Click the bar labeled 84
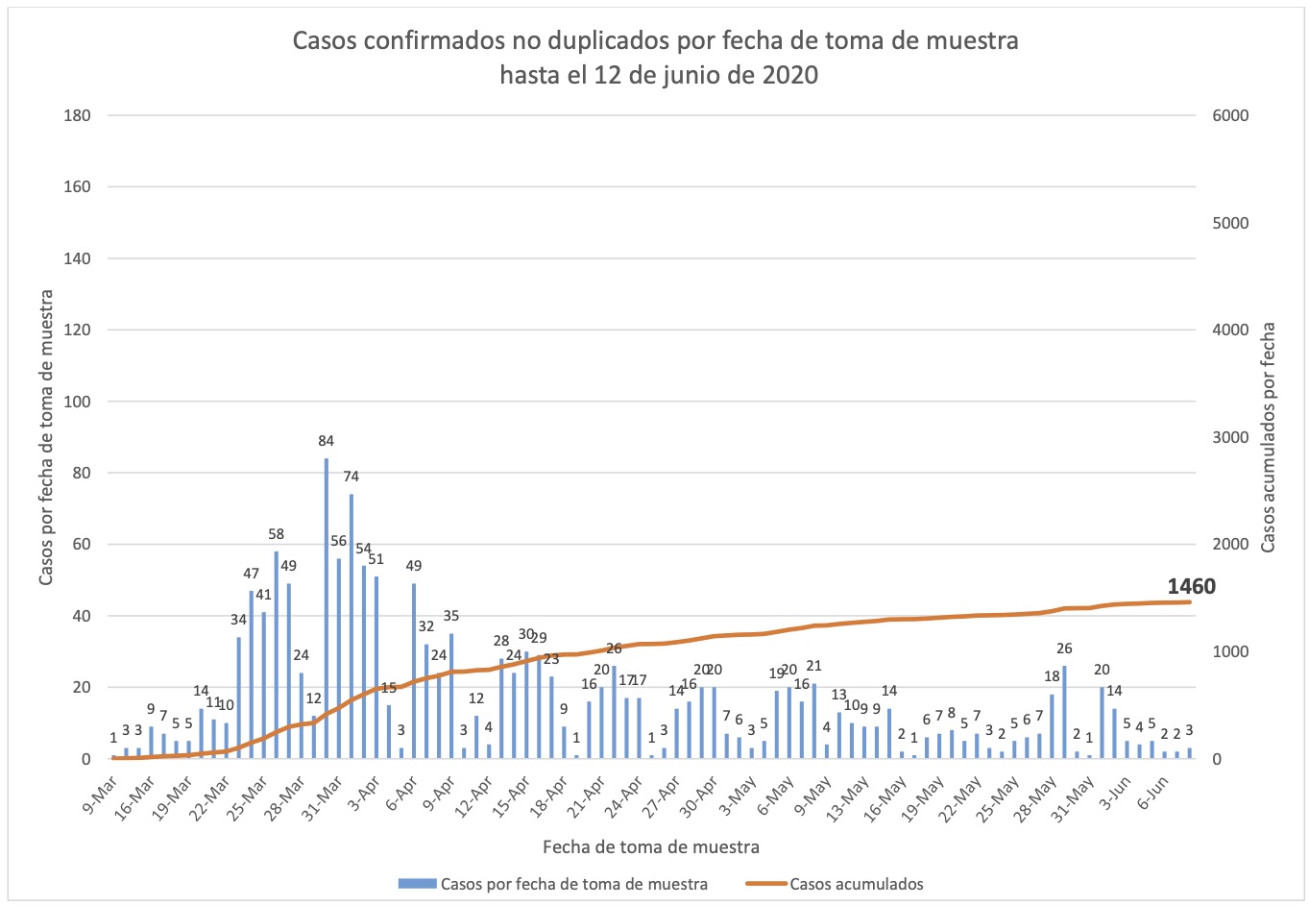tap(327, 608)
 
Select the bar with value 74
tap(351, 626)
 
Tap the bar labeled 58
tap(277, 655)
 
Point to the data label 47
tap(251, 574)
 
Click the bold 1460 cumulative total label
tap(1191, 587)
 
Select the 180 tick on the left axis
tap(77, 115)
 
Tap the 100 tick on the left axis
tap(77, 402)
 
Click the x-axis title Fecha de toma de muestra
tap(651, 846)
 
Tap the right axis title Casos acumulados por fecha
tap(1268, 437)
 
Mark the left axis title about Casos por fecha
tap(46, 437)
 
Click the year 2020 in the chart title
tap(790, 74)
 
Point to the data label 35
tap(451, 616)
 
